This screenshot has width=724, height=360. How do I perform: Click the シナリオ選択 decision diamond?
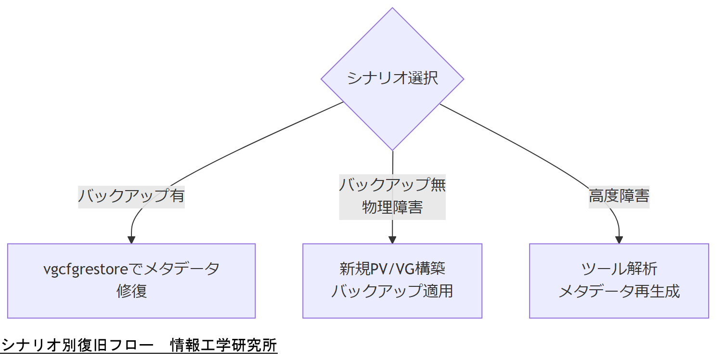point(392,79)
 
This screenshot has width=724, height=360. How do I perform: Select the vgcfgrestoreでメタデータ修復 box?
point(131,281)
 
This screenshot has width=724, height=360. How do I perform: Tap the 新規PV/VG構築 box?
point(392,281)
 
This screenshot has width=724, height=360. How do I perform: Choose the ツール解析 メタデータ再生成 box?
point(619,281)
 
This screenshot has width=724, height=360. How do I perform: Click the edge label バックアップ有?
point(131,196)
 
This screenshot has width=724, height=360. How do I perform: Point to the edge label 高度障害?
point(619,196)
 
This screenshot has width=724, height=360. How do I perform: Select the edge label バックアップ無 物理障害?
point(392,196)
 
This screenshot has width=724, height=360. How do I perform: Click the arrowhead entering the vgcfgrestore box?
point(131,240)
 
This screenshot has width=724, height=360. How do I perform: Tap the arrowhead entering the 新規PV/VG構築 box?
point(392,240)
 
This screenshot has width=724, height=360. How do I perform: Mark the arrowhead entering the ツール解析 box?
point(619,240)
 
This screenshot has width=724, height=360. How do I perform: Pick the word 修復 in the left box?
point(131,292)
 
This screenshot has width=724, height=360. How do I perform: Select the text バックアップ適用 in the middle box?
point(392,292)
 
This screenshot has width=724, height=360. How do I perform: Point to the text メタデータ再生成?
point(619,292)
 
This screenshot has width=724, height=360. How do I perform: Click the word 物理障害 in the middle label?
point(392,207)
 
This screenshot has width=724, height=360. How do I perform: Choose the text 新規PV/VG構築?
point(392,269)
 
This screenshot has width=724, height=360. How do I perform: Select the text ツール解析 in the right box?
point(619,269)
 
